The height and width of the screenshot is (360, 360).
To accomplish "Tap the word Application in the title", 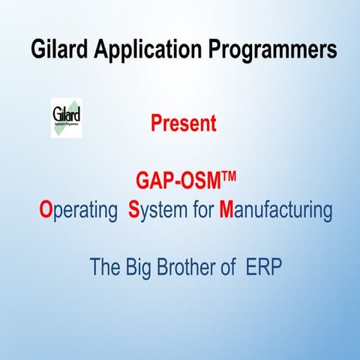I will pyautogui.click(x=142, y=50).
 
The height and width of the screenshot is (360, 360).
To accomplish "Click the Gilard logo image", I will pyautogui.click(x=66, y=118).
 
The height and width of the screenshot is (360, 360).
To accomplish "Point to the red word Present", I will pyautogui.click(x=184, y=123).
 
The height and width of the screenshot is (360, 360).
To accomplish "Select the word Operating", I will pyautogui.click(x=79, y=211).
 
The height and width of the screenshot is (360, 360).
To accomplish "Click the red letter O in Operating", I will pyautogui.click(x=45, y=211).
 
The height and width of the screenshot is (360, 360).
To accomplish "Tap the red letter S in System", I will pyautogui.click(x=134, y=211).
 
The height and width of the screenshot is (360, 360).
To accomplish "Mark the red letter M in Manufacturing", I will pyautogui.click(x=227, y=211).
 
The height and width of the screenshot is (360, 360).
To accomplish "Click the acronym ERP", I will pyautogui.click(x=264, y=266).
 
